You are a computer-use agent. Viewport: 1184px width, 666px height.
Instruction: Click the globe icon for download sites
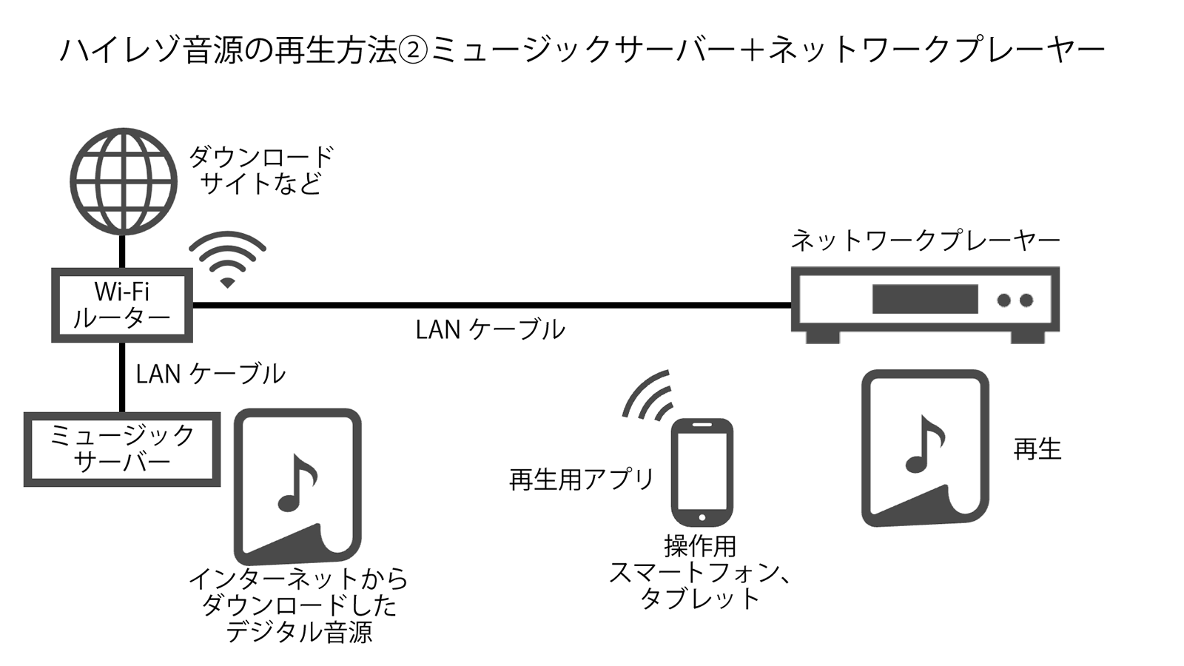(x=124, y=181)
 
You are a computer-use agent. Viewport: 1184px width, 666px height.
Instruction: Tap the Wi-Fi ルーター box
(x=122, y=305)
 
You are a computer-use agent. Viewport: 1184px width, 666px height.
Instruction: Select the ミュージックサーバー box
(x=122, y=448)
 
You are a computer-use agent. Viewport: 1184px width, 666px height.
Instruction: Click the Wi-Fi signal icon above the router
(x=227, y=259)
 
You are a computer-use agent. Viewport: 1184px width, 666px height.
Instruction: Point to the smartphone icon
(x=702, y=472)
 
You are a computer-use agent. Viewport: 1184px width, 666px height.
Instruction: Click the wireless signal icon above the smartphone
(x=649, y=396)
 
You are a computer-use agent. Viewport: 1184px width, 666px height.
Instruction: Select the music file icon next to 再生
(x=925, y=448)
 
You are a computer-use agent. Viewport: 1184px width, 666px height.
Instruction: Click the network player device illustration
(x=925, y=303)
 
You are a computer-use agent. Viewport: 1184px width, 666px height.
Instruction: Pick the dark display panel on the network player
(x=925, y=299)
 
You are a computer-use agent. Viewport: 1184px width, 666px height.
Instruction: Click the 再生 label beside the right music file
(x=1037, y=449)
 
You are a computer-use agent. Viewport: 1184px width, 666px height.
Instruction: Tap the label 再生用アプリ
(x=582, y=480)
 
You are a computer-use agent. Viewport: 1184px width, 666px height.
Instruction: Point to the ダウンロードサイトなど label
(x=261, y=170)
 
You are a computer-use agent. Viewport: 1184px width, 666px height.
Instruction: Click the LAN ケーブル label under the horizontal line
(x=490, y=330)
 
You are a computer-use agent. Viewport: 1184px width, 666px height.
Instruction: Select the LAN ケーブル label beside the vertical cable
(x=210, y=374)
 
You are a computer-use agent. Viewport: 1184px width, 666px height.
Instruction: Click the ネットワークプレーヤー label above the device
(x=925, y=240)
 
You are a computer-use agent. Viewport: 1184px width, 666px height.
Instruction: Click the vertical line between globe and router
(x=123, y=252)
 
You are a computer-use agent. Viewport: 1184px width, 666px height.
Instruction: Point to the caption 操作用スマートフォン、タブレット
(x=700, y=572)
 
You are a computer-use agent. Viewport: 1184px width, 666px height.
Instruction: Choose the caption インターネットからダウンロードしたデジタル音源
(x=298, y=605)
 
